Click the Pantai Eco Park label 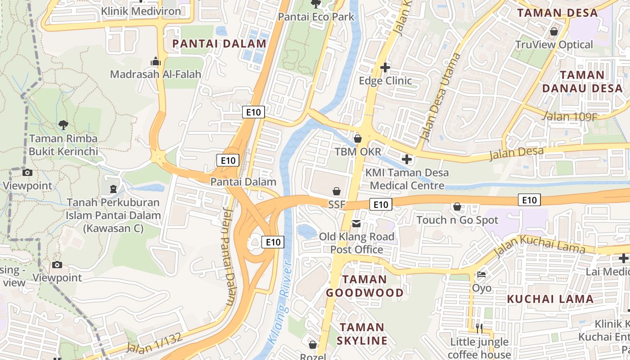pyautogui.click(x=316, y=17)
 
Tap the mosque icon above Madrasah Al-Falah pyautogui.click(x=156, y=61)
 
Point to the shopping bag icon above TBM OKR pyautogui.click(x=358, y=139)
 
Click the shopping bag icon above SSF pyautogui.click(x=336, y=192)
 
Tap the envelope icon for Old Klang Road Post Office pyautogui.click(x=356, y=224)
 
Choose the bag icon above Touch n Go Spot pyautogui.click(x=457, y=207)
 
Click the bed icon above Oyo pyautogui.click(x=481, y=274)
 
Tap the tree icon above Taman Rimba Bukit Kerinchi pyautogui.click(x=63, y=125)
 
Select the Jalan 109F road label pyautogui.click(x=570, y=117)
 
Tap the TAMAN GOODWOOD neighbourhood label pyautogui.click(x=364, y=286)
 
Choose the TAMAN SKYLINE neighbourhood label pyautogui.click(x=362, y=334)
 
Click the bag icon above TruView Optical pyautogui.click(x=553, y=31)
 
